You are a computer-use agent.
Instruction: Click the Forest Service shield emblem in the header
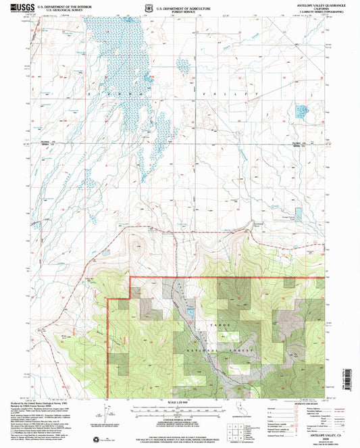(x=149, y=8)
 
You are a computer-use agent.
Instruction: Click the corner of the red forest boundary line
(x=128, y=278)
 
